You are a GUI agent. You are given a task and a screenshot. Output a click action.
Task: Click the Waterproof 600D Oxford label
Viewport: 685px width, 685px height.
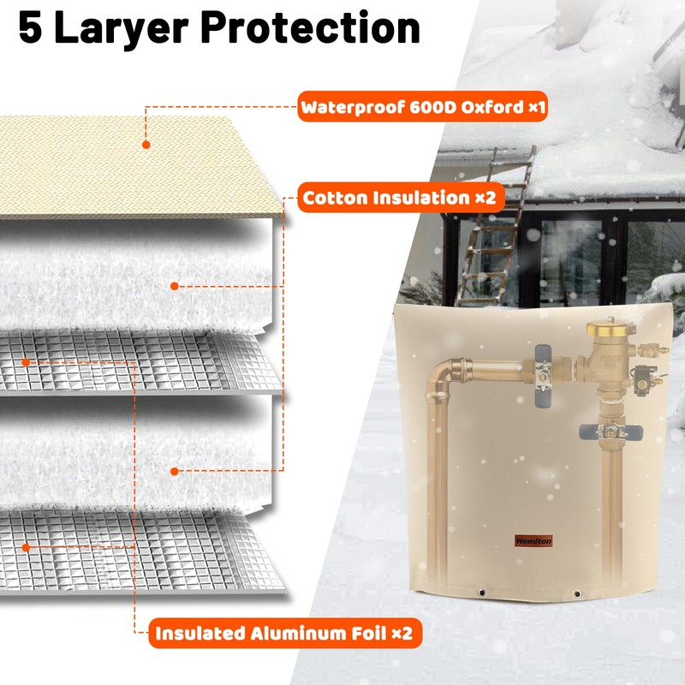tap(422, 109)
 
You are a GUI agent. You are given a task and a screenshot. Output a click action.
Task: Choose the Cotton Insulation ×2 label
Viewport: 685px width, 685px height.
tap(398, 199)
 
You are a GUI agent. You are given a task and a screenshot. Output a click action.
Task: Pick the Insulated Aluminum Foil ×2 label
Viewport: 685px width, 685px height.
tap(288, 634)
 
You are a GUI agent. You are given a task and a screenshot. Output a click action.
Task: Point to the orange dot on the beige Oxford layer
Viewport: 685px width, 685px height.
tap(145, 146)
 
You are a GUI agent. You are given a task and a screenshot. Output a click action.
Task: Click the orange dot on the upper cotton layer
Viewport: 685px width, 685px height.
tap(174, 286)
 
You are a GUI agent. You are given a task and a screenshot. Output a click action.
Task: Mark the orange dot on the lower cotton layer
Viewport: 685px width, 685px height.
tap(174, 470)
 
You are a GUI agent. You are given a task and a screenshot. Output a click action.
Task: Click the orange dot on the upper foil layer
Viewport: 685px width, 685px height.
tap(28, 361)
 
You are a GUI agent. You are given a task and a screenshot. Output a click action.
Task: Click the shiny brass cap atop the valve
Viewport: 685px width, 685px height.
tap(605, 326)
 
